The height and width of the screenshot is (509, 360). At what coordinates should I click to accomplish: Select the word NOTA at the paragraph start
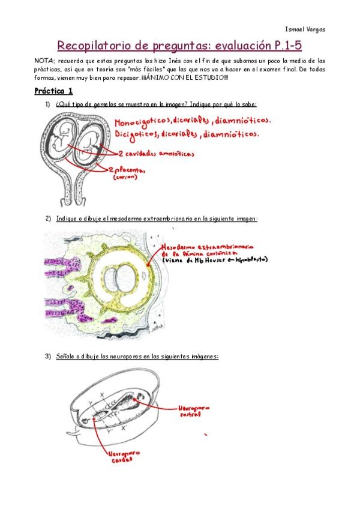[x=44, y=61]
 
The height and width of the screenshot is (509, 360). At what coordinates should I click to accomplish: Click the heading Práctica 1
[x=53, y=91]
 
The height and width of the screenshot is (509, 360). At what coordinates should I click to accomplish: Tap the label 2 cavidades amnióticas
[x=152, y=154]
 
